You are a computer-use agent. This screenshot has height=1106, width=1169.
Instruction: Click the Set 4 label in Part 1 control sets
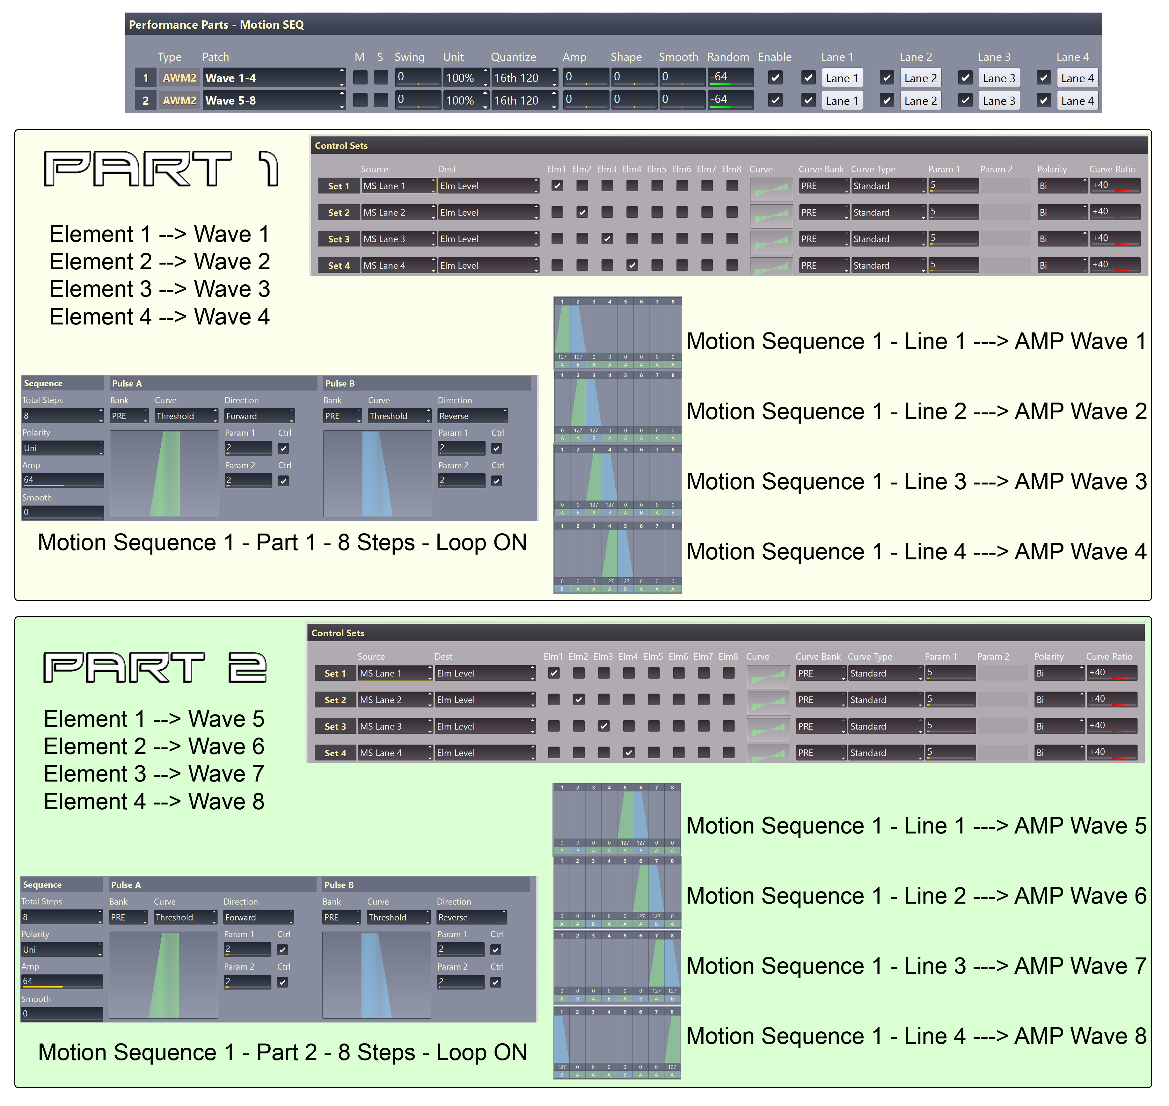tap(338, 265)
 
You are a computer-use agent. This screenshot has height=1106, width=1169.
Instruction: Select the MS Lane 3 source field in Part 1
tap(397, 239)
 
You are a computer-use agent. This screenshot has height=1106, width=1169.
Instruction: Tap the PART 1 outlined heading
tap(160, 169)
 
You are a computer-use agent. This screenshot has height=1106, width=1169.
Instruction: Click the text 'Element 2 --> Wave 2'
tap(159, 261)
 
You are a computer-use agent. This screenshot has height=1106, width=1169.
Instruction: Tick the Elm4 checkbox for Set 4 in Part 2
tap(628, 753)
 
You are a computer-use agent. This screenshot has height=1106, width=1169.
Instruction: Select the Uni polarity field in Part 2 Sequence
tap(61, 950)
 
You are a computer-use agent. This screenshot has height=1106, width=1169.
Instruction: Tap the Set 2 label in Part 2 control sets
tap(335, 700)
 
